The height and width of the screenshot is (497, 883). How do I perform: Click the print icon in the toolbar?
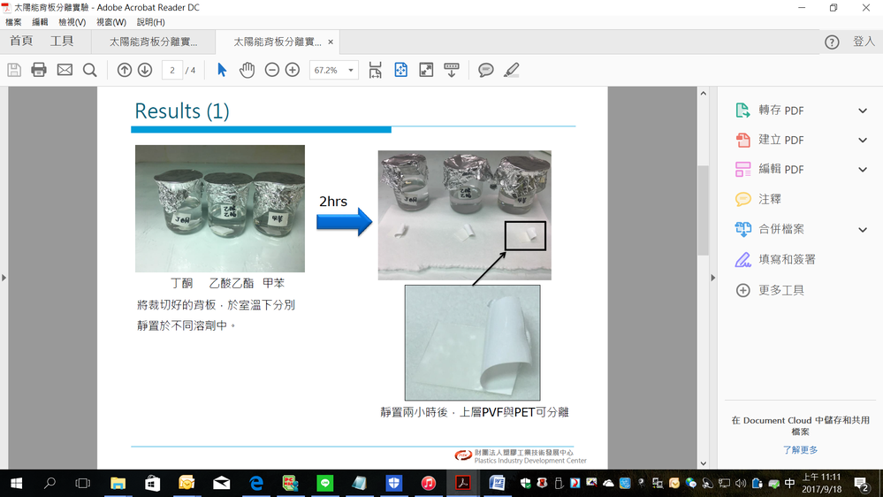click(x=39, y=70)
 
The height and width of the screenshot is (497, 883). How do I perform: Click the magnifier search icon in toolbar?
click(x=89, y=70)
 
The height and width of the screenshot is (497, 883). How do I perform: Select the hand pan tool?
click(x=247, y=70)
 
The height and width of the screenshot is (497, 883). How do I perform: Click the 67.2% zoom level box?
click(x=333, y=70)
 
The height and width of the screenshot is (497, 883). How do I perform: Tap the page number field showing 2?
click(x=172, y=70)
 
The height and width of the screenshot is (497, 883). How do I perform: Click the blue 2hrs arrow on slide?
click(x=344, y=222)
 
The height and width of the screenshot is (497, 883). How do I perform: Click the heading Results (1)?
click(x=181, y=111)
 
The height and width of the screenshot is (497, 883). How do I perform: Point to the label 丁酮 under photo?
click(x=181, y=283)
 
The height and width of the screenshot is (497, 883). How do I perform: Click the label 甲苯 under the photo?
click(x=273, y=283)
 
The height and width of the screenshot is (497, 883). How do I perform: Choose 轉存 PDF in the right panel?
click(x=780, y=111)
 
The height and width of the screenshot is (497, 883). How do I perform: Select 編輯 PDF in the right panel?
click(x=780, y=169)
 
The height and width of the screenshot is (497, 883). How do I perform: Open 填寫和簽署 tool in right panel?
click(x=786, y=259)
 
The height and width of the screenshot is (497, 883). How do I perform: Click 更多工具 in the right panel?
click(x=780, y=290)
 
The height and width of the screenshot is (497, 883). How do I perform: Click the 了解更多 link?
click(x=800, y=450)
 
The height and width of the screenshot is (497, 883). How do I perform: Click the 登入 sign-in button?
click(x=863, y=42)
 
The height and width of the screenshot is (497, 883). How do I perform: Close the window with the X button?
click(x=866, y=8)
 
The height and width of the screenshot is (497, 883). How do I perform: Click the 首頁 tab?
click(x=21, y=42)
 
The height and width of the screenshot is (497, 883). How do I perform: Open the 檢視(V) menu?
click(x=72, y=22)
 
